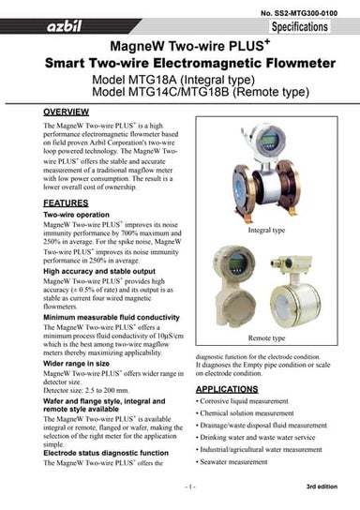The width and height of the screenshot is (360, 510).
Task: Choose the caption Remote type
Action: coord(266,337)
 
